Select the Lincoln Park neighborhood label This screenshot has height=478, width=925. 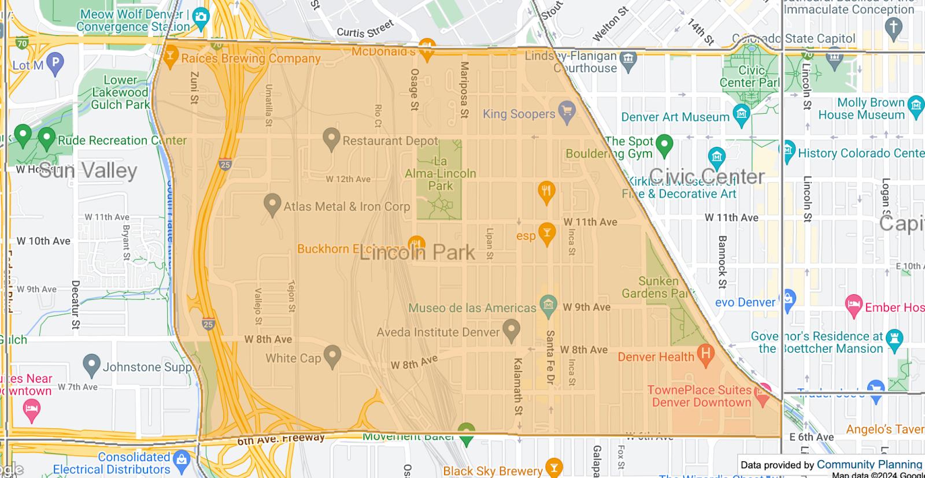point(417,253)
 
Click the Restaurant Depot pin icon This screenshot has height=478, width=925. point(331,138)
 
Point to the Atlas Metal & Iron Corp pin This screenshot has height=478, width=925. point(272,205)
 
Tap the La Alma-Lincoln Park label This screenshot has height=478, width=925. point(441,173)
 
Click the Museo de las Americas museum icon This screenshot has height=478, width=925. point(547,303)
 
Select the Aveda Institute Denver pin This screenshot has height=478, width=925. point(510,330)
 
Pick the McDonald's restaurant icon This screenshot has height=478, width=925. point(427,50)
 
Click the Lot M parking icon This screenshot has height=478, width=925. point(55,63)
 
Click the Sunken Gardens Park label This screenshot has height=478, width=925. point(658,287)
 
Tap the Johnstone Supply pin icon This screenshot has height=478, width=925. point(92,365)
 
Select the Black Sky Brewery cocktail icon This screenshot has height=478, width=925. point(554,468)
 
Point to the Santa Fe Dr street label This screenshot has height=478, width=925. point(550,358)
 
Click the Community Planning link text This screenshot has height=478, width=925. point(869,464)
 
